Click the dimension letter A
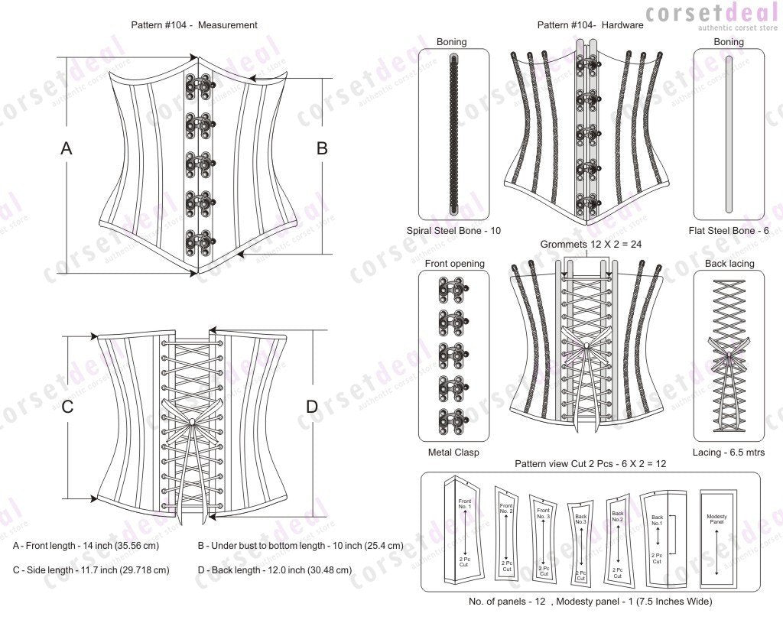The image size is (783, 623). (67, 149)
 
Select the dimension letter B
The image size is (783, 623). (322, 149)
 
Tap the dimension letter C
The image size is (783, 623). (67, 407)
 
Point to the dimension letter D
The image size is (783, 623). (311, 407)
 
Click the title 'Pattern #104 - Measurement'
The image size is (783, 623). (194, 25)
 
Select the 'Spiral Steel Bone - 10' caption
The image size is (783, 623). (453, 230)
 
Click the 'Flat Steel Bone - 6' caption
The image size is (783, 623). (729, 230)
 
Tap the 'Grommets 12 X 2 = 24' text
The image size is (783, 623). (588, 245)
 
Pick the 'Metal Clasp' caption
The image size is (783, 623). (453, 452)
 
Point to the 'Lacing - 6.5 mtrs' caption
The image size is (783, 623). (729, 452)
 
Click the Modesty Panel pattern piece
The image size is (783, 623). (716, 533)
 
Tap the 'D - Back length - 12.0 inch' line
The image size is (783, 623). (275, 569)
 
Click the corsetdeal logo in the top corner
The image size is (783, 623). (711, 16)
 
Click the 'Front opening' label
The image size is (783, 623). (454, 264)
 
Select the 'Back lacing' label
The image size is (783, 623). (729, 264)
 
